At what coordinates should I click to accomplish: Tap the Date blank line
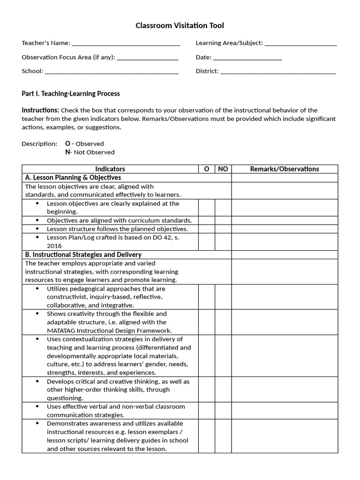(x=247, y=58)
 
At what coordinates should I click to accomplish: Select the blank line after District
(x=278, y=72)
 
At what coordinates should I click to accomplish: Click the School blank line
(x=112, y=72)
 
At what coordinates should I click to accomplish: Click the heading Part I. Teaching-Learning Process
(x=70, y=93)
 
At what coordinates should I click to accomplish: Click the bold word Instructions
(x=40, y=110)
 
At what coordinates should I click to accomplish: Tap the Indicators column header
(x=110, y=169)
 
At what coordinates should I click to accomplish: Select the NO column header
(x=223, y=169)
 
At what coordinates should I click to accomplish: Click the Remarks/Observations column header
(x=285, y=169)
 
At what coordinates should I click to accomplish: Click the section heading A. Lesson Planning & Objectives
(x=73, y=178)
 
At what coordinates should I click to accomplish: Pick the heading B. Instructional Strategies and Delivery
(x=83, y=255)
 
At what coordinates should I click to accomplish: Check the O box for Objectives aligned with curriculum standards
(x=207, y=220)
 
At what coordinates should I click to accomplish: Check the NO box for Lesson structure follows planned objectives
(x=223, y=229)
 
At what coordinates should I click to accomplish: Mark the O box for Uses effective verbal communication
(x=207, y=411)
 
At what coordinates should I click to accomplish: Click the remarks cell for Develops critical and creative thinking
(x=285, y=390)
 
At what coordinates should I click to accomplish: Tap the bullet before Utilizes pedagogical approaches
(x=37, y=289)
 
